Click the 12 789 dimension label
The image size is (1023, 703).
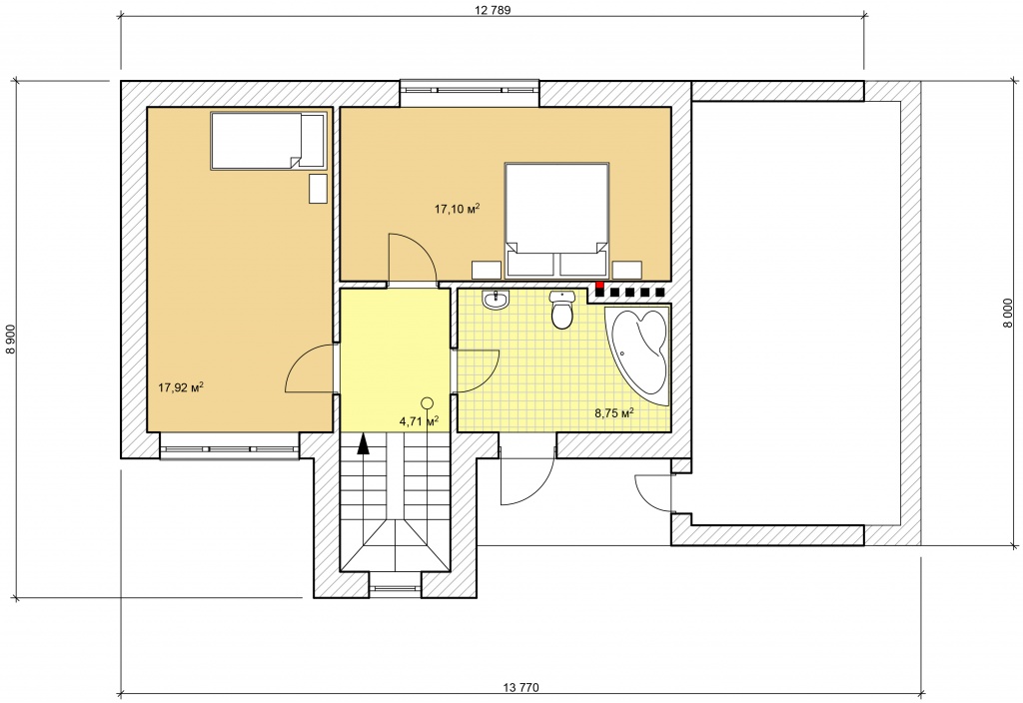pyautogui.click(x=493, y=10)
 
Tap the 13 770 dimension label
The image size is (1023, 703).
pyautogui.click(x=521, y=687)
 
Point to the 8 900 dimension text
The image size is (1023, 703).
pyautogui.click(x=10, y=340)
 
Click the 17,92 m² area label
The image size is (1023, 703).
pyautogui.click(x=181, y=387)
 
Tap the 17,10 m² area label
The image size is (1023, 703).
pyautogui.click(x=458, y=209)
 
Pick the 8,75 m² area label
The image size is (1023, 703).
pyautogui.click(x=614, y=412)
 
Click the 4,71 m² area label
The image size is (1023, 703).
pyautogui.click(x=419, y=421)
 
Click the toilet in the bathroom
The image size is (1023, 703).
pyautogui.click(x=561, y=310)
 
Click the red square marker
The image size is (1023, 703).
pyautogui.click(x=599, y=285)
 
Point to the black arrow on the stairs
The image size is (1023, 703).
pyautogui.click(x=364, y=443)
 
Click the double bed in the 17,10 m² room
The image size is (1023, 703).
pyautogui.click(x=557, y=220)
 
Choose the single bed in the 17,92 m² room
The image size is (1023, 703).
pyautogui.click(x=268, y=142)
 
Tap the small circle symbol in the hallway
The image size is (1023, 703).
pyautogui.click(x=428, y=403)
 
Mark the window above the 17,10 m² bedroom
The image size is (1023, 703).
pyautogui.click(x=470, y=85)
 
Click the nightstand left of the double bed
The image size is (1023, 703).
pyautogui.click(x=487, y=270)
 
